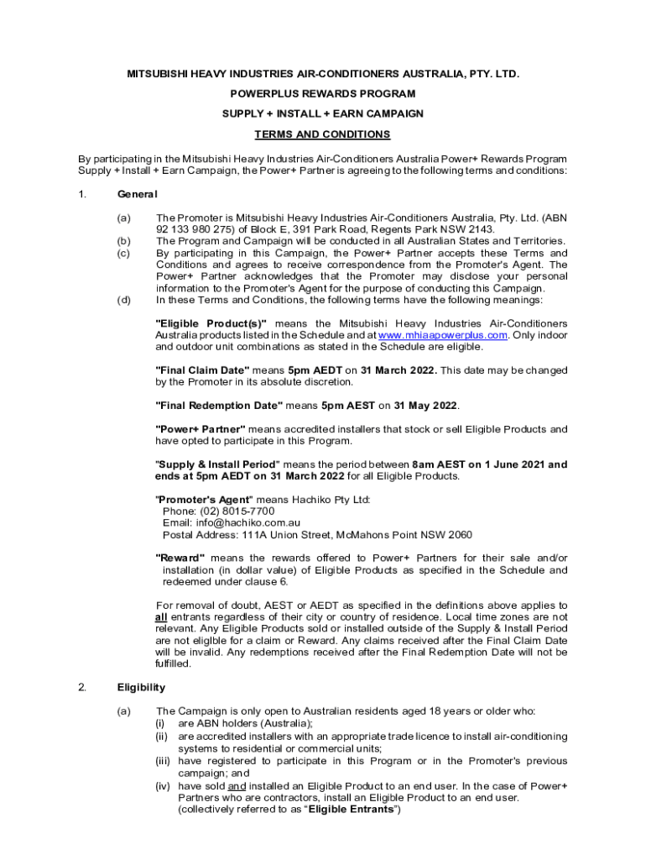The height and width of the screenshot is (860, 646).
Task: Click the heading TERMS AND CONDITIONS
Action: tap(323, 134)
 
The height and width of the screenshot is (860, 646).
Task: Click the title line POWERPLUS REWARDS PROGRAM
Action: tap(323, 94)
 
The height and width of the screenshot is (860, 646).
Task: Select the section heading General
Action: tap(137, 194)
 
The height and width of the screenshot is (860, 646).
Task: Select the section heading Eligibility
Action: tap(141, 688)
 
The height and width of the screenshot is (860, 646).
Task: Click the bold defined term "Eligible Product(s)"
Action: tap(211, 323)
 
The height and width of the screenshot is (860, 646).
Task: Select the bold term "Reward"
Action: tap(180, 558)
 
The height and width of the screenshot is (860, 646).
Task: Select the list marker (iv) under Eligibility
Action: tap(163, 787)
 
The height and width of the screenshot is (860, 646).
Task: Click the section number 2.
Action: tap(82, 688)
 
